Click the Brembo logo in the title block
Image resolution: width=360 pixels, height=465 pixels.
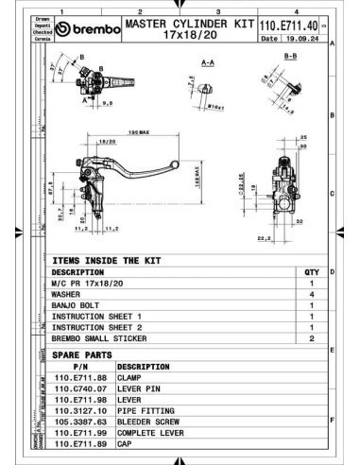click(x=89, y=29)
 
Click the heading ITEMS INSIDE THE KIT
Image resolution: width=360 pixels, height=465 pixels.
click(x=107, y=258)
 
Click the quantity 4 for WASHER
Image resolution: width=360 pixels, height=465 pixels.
click(x=311, y=294)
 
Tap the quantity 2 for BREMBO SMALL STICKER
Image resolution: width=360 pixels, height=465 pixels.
click(x=311, y=337)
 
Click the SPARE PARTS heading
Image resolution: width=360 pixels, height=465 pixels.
click(x=82, y=354)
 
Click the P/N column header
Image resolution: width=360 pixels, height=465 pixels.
click(x=79, y=365)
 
